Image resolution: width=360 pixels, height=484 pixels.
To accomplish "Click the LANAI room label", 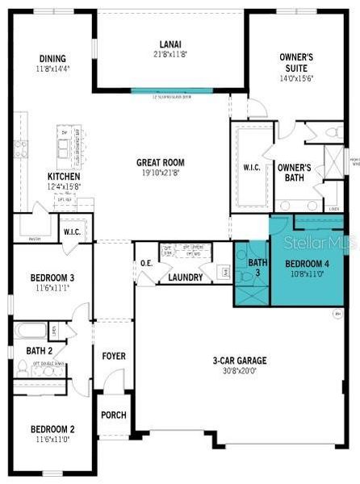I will pos(171,44).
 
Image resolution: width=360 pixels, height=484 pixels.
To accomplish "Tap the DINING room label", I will pos(53,58).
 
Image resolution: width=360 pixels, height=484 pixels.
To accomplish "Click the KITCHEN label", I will pos(62,176).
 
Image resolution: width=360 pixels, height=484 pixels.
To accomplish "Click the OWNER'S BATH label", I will pos(295,173).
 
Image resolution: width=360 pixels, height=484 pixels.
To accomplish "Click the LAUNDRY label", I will pos(185,278).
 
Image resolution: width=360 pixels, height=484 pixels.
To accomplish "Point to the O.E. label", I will pos(146,263).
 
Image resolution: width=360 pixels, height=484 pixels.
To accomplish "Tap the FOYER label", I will pos(113,356).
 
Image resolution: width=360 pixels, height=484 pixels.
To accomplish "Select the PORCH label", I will pos(113,415).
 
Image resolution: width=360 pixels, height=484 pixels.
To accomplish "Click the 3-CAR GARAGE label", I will pos(240,361).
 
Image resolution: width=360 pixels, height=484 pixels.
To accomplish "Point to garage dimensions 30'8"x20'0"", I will pos(240,372).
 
